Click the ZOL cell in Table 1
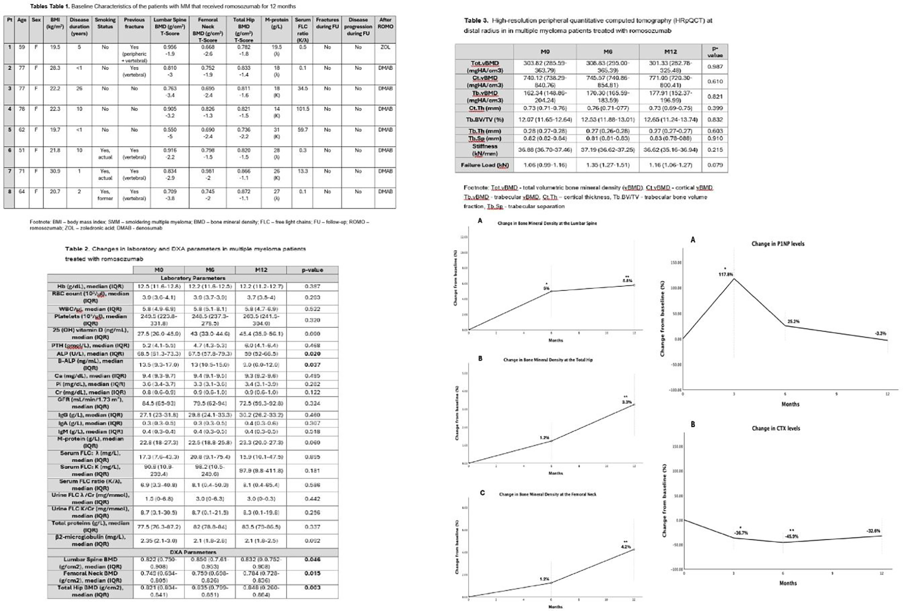pyautogui.click(x=385, y=47)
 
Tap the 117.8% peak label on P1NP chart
pyautogui.click(x=726, y=274)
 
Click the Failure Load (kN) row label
pyautogui.click(x=484, y=165)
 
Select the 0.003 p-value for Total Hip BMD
pyautogui.click(x=312, y=587)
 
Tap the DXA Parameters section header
pyautogui.click(x=193, y=552)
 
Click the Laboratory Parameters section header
pyautogui.click(x=193, y=278)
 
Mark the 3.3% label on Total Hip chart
pyautogui.click(x=626, y=402)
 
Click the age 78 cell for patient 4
pyautogui.click(x=22, y=109)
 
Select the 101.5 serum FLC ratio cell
pyautogui.click(x=302, y=109)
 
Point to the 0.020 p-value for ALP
pyautogui.click(x=312, y=354)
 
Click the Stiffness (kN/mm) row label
pyautogui.click(x=484, y=150)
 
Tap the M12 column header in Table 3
pyautogui.click(x=670, y=51)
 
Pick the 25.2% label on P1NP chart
pyautogui.click(x=793, y=321)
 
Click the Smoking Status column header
pyautogui.click(x=105, y=23)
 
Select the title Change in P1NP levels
pyautogui.click(x=778, y=243)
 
